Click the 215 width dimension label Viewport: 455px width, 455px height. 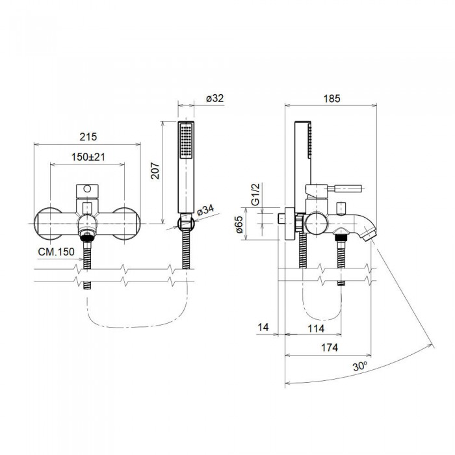88,136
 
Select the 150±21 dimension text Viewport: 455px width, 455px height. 88,157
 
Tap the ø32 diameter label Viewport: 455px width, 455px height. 214,98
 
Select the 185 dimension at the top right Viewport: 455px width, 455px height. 331,98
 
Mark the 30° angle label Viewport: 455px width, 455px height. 359,366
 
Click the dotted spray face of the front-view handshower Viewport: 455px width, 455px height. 187,139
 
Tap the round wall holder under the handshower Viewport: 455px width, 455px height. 186,224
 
